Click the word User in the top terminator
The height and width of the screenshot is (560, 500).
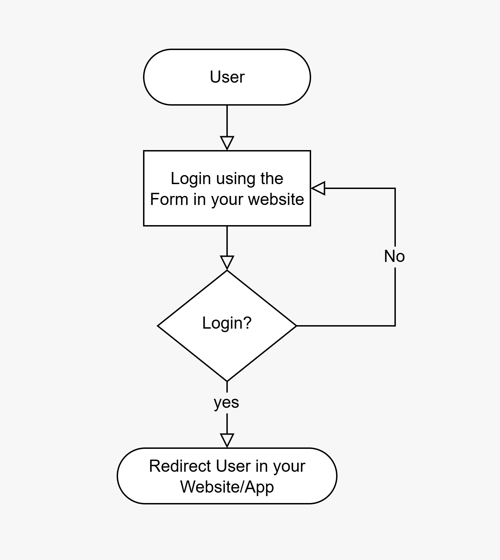pos(227,77)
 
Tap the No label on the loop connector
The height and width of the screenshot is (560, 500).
pos(394,256)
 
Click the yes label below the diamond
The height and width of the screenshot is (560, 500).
pos(226,402)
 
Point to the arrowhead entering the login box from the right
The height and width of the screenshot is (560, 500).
pos(318,188)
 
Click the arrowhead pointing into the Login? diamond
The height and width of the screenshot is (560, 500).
pos(227,263)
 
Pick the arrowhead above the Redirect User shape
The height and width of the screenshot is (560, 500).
pos(227,440)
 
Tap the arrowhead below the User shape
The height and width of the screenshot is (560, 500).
pos(227,143)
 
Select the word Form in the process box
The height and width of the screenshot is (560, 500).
pos(169,199)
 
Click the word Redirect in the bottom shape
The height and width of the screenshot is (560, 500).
pos(180,466)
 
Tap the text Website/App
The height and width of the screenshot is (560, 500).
pos(227,487)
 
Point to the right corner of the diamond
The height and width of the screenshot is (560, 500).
pos(296,326)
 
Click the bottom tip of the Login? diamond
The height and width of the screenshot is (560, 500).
pos(227,381)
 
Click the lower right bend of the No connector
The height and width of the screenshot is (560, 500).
pos(395,326)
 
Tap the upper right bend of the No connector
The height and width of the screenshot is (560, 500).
pos(395,188)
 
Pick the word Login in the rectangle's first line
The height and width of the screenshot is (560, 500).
pos(191,179)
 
